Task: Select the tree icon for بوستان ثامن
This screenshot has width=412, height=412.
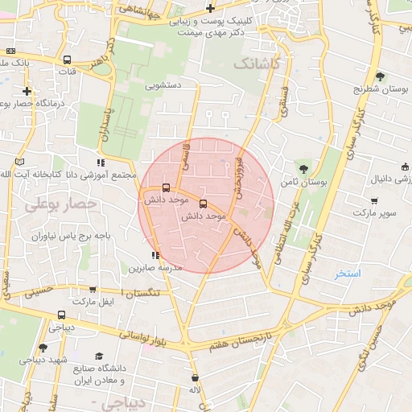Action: (x=303, y=169)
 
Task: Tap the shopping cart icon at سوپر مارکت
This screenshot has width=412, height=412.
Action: (x=374, y=200)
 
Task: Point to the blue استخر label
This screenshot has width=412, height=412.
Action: (x=349, y=274)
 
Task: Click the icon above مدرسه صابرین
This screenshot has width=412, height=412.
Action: (x=155, y=256)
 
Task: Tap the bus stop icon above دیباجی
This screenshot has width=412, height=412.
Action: (x=61, y=315)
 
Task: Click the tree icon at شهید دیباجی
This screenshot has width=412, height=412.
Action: (x=42, y=348)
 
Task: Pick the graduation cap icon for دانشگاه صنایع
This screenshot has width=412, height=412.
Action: (x=99, y=356)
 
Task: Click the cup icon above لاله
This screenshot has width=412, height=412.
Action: (x=195, y=377)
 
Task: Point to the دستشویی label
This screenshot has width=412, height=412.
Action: (x=163, y=84)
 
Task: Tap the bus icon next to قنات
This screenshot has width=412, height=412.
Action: (x=67, y=60)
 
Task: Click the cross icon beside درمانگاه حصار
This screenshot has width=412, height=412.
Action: (x=27, y=91)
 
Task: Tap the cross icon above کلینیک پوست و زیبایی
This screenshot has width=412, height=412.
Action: (x=210, y=9)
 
